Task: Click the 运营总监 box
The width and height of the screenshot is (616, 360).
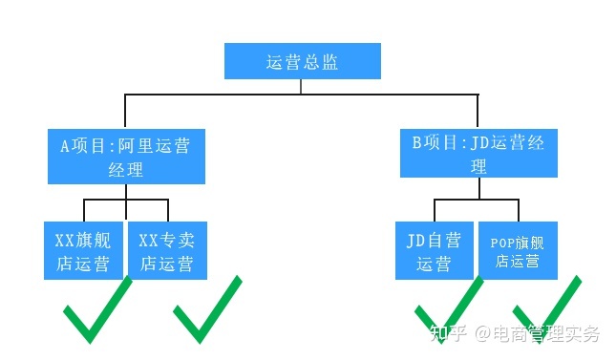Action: [x=302, y=62]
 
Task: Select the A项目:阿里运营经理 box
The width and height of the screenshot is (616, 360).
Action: [x=126, y=158]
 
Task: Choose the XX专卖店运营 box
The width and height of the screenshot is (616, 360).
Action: [x=167, y=250]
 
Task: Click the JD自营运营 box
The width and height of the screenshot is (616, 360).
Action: [x=435, y=250]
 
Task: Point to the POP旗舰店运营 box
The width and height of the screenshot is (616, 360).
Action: [x=518, y=250]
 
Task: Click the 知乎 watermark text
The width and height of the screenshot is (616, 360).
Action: [x=451, y=334]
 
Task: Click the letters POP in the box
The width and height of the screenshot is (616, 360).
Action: [x=502, y=242]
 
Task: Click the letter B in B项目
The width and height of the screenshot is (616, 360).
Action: [x=416, y=143]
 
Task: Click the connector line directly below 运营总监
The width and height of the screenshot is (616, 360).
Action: [x=302, y=87]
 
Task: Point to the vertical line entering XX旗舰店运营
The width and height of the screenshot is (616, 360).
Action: [x=84, y=210]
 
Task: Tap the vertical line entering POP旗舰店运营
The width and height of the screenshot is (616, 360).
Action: [x=519, y=210]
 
